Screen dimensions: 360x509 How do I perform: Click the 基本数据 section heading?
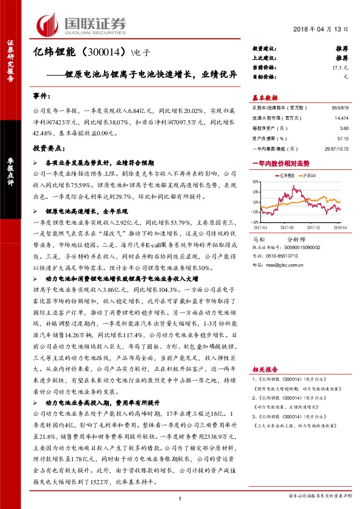265,97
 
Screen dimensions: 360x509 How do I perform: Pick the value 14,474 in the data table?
341,118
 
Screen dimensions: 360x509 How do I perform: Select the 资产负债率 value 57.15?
343,138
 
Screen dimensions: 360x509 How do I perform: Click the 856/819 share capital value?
340,108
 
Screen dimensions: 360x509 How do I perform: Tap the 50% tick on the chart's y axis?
257,181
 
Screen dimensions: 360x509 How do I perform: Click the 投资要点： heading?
48,148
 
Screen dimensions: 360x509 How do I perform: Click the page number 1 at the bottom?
180,498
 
